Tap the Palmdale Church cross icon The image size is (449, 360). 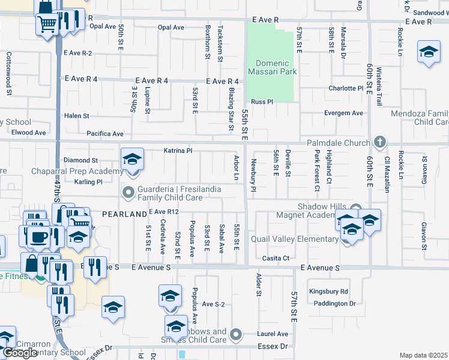[x=379, y=142]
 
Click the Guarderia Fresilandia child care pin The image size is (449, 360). [x=127, y=193]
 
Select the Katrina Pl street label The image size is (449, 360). [x=177, y=151]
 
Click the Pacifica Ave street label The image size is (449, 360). [x=105, y=134]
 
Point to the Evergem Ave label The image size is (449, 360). [x=343, y=113]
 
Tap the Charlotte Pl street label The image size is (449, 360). [x=346, y=88]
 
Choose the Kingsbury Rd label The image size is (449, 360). [x=328, y=292]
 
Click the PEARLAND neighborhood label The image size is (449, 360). [x=124, y=214]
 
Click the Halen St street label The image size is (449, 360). [x=77, y=116]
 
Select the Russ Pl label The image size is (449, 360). [x=261, y=102]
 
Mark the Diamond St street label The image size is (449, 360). [x=80, y=160]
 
